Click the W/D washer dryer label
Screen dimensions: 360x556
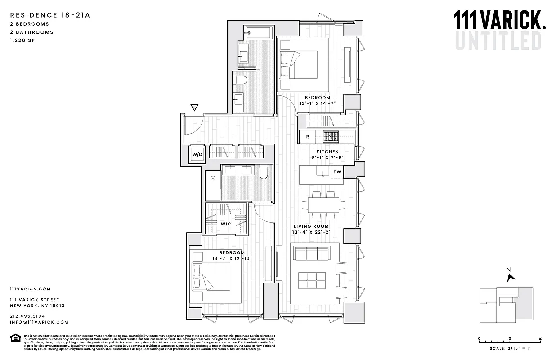(197, 154)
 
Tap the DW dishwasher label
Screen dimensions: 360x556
(337, 171)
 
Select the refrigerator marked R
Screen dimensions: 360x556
(307, 136)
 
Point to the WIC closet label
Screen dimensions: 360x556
(225, 224)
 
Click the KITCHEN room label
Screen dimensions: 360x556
(327, 152)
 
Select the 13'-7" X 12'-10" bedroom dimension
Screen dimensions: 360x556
(232, 259)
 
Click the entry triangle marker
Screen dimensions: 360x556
(194, 108)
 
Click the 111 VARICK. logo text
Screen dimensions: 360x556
(499, 21)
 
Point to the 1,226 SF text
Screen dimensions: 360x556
(22, 40)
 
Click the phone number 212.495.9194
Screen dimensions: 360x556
(31, 316)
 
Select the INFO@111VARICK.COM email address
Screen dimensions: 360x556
(39, 322)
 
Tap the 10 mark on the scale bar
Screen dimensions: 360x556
(540, 339)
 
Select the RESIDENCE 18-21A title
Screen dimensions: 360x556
(50, 15)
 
